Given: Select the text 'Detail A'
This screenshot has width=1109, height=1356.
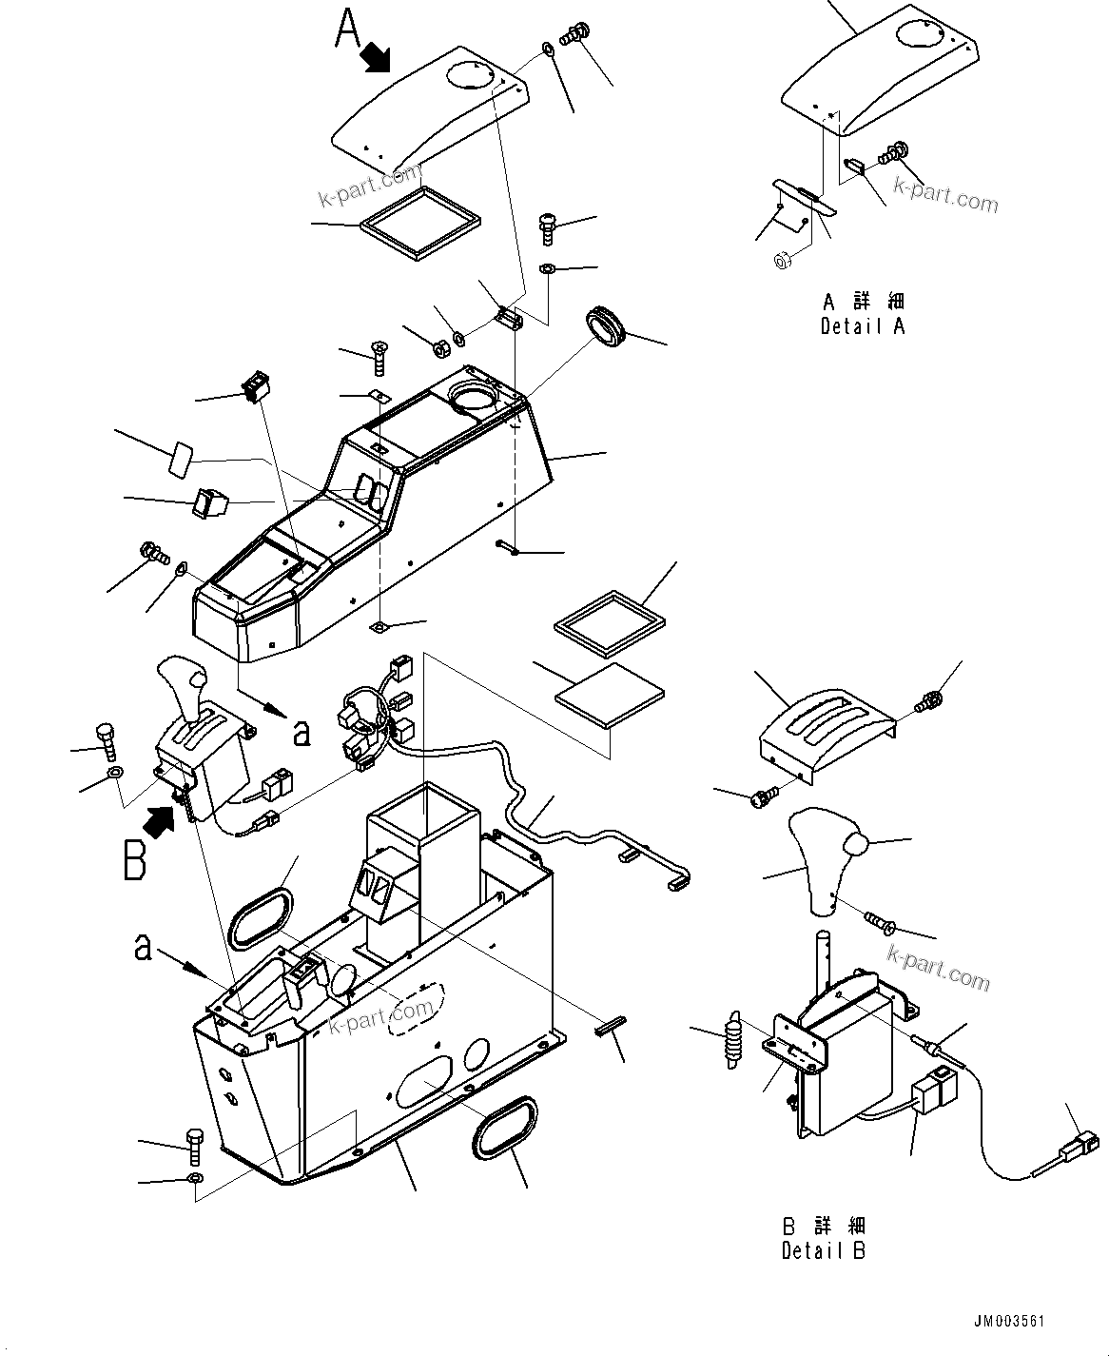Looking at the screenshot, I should [x=863, y=326].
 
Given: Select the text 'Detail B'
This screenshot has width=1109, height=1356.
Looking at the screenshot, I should [x=824, y=1251].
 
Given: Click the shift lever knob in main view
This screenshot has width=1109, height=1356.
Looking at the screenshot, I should [x=187, y=682].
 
